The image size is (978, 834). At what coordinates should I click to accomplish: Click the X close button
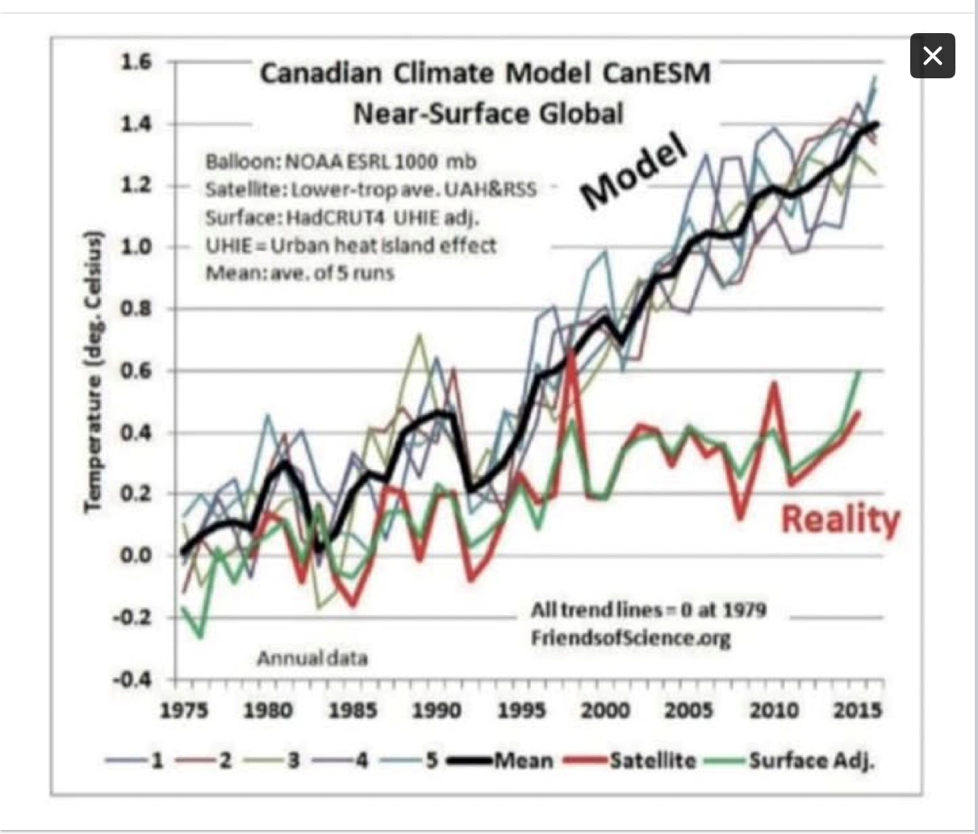(932, 56)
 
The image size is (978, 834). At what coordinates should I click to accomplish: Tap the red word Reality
(839, 519)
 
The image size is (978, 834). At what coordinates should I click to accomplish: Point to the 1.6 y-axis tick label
(136, 62)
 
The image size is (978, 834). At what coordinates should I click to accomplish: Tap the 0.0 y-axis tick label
(136, 555)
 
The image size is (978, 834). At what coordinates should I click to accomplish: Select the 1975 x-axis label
(184, 710)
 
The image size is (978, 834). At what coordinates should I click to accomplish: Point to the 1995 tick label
(520, 710)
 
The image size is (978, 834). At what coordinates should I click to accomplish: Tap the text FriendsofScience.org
(630, 639)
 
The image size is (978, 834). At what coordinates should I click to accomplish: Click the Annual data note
(311, 658)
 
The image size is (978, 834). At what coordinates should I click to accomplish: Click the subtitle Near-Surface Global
(488, 113)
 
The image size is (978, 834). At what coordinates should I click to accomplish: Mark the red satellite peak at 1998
(571, 353)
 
